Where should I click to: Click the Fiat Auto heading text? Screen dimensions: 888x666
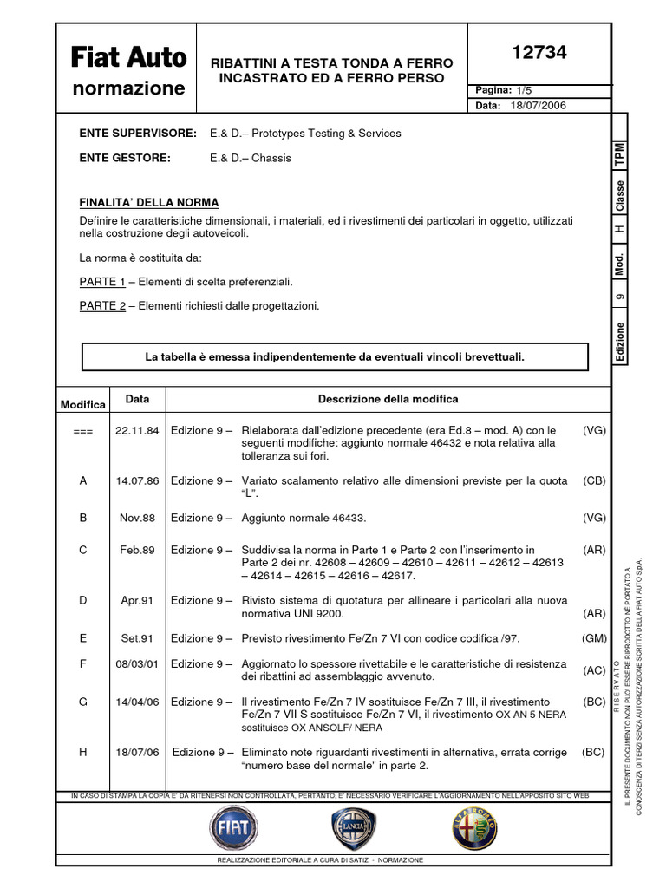(x=128, y=58)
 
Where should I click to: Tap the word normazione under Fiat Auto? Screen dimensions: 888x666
(x=128, y=88)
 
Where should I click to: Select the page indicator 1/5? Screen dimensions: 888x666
(x=525, y=91)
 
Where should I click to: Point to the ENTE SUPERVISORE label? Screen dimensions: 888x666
(x=139, y=134)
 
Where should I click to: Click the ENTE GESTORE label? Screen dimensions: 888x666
(x=125, y=158)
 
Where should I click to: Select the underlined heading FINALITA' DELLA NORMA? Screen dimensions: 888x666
(x=149, y=203)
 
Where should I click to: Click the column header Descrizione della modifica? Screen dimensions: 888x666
(x=388, y=399)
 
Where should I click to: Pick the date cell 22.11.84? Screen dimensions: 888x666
(x=137, y=431)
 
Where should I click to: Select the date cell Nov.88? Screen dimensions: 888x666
(x=137, y=518)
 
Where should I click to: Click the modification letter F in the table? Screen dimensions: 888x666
(x=83, y=664)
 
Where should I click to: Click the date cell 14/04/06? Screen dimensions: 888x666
(x=137, y=702)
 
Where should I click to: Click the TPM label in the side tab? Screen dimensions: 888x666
(x=619, y=155)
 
